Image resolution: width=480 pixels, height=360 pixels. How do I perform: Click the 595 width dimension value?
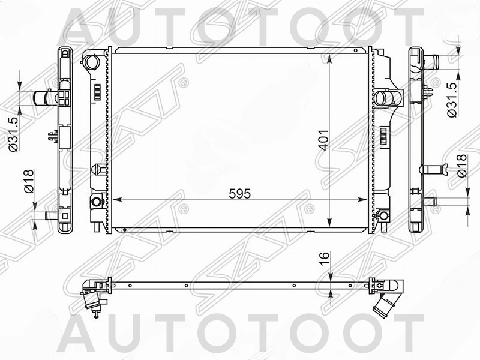coord(238,194)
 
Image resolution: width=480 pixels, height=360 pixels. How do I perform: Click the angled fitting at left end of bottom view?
coord(91,294)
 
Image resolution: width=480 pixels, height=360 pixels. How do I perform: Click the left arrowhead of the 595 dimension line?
coord(116,199)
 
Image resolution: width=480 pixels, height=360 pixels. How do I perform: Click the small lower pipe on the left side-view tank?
coord(50,214)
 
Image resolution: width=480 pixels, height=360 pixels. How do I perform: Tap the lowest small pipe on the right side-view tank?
coord(429,201)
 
